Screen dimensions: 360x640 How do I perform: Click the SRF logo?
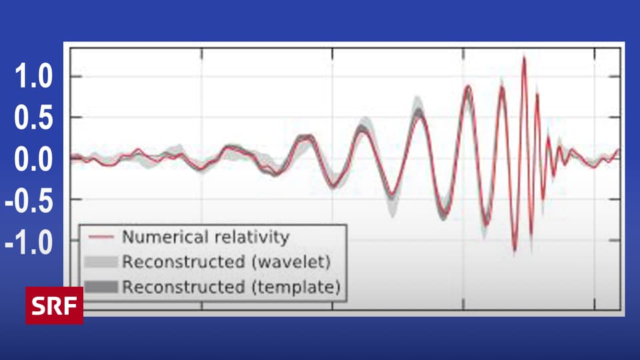pos(55,305)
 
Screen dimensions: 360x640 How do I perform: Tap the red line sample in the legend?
pos(101,237)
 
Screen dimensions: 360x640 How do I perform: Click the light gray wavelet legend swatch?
pos(101,261)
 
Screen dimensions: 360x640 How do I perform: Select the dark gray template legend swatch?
pos(101,287)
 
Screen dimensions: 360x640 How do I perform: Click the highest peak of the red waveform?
pos(524,58)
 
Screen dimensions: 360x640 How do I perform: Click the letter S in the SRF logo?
pos(39,305)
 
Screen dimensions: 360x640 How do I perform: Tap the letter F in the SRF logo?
pos(71,305)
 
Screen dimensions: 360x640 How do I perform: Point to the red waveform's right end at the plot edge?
pos(618,151)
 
